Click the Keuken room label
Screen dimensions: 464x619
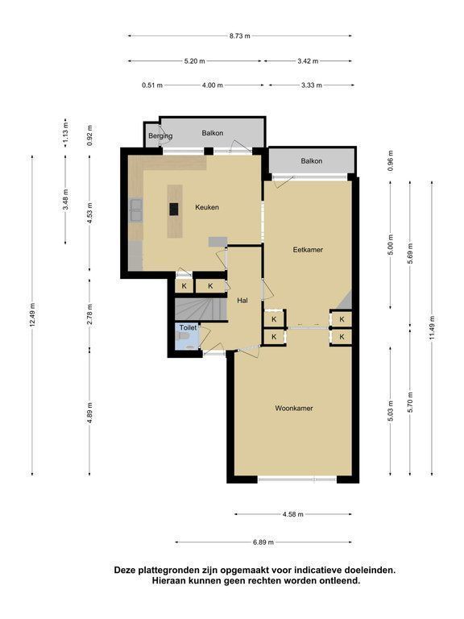pos(207,207)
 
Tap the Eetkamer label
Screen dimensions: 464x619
pos(308,250)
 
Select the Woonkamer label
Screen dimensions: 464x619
pos(294,408)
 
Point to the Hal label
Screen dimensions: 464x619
pos(242,301)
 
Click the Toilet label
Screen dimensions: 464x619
pos(188,328)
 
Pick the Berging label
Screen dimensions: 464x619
pos(160,136)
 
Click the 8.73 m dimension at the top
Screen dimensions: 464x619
pos(240,36)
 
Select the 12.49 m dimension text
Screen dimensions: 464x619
pos(32,314)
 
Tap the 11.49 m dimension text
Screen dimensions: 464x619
pos(433,328)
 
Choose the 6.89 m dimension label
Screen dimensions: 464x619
pos(263,542)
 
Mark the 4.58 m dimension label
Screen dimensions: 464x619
pos(293,514)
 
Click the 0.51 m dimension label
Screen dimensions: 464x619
pos(152,85)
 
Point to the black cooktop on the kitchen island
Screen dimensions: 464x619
pos(174,209)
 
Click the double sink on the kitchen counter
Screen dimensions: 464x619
pos(135,210)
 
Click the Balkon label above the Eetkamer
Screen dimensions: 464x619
pos(311,161)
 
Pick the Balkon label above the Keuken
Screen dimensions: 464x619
pos(213,133)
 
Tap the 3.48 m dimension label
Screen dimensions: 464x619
pos(66,200)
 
